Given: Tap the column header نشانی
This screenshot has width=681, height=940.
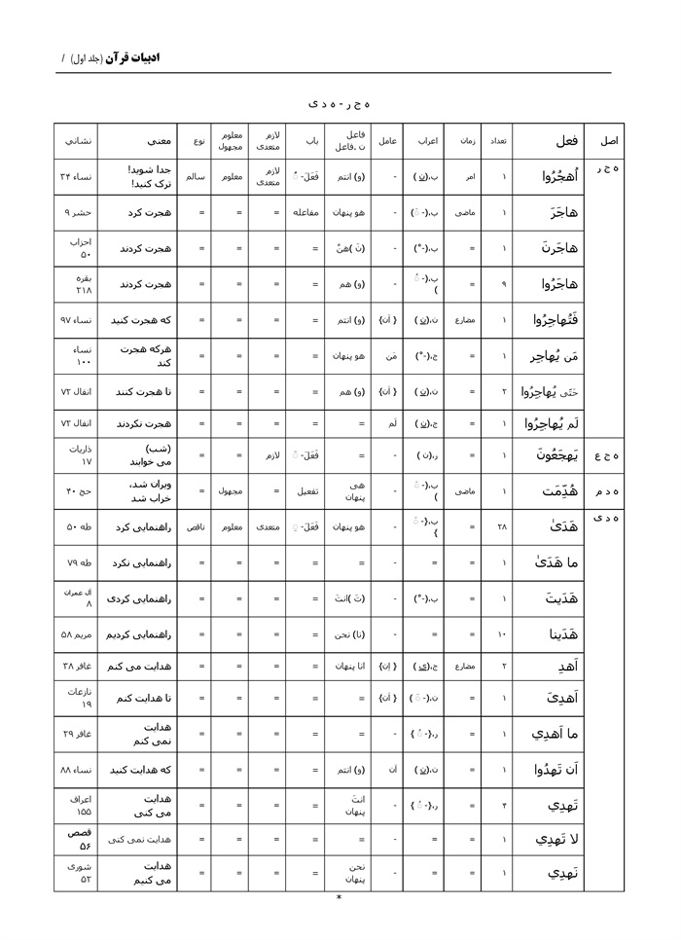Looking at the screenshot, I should click(x=78, y=141).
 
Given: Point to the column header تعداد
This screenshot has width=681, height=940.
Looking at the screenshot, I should click(x=497, y=141).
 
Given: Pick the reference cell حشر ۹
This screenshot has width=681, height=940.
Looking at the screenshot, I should click(x=78, y=211).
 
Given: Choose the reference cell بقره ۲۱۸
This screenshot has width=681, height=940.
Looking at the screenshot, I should click(x=78, y=283).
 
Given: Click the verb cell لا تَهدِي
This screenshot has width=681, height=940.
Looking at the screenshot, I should click(x=556, y=839).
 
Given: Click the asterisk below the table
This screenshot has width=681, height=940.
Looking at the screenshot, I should click(x=339, y=898).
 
